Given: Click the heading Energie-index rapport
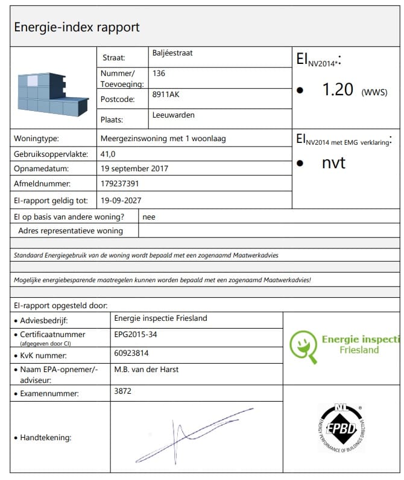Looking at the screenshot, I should click(77, 27).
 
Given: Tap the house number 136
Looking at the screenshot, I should click(159, 74).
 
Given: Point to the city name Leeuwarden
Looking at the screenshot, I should click(174, 115).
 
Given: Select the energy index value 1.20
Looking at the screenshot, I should click(338, 90).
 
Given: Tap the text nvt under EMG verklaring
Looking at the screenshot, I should click(333, 162).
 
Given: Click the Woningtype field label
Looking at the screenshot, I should click(36, 139).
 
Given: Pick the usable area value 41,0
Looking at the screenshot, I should click(109, 154).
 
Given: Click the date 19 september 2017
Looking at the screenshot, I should click(134, 169).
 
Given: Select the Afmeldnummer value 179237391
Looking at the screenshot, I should click(121, 184).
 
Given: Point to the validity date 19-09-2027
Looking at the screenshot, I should click(122, 200).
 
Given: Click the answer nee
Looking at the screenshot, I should click(149, 216).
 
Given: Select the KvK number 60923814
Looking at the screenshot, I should click(131, 353).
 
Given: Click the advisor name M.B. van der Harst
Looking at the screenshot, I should click(146, 369).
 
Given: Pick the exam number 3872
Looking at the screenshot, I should click(122, 391).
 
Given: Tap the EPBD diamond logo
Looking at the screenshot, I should click(341, 428).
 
